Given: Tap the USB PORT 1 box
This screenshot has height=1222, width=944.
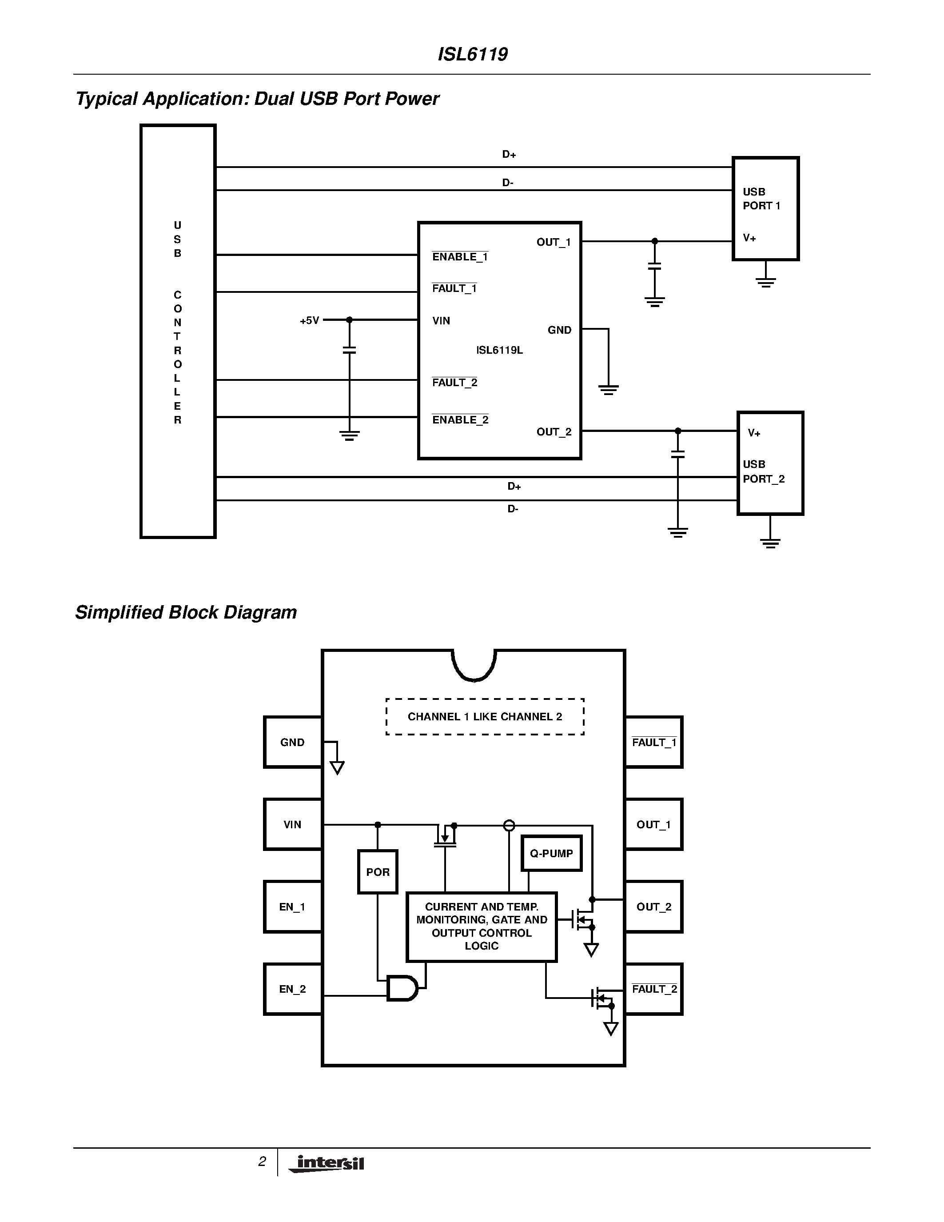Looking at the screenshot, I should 765,208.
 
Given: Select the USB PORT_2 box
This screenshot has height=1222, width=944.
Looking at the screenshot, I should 770,463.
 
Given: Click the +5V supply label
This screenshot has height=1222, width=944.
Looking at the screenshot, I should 309,320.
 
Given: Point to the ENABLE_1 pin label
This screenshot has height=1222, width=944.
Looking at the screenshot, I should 460,257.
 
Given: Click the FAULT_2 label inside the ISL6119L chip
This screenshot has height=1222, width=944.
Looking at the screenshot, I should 454,383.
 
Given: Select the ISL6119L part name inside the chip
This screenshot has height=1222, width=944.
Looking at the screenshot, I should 499,350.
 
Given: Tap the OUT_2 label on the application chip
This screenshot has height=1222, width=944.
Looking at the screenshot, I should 554,432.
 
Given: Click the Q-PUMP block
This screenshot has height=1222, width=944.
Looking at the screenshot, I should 551,853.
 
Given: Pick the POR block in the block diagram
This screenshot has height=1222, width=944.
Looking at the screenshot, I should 378,872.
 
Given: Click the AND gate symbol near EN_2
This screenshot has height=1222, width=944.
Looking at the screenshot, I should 402,988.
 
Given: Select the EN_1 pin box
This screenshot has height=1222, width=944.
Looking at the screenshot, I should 292,907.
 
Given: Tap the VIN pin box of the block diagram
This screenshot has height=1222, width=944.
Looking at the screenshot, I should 292,825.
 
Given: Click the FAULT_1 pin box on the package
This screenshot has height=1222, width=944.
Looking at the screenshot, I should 654,743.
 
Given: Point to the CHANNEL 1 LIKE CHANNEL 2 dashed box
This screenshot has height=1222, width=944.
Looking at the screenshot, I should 484,717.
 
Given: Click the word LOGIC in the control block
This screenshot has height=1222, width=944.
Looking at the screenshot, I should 481,946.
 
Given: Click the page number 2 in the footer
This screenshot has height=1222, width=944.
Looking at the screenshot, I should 262,1162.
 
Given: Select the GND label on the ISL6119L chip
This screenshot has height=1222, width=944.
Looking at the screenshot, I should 559,330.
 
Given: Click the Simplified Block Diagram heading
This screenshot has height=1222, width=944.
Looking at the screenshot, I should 186,612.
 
